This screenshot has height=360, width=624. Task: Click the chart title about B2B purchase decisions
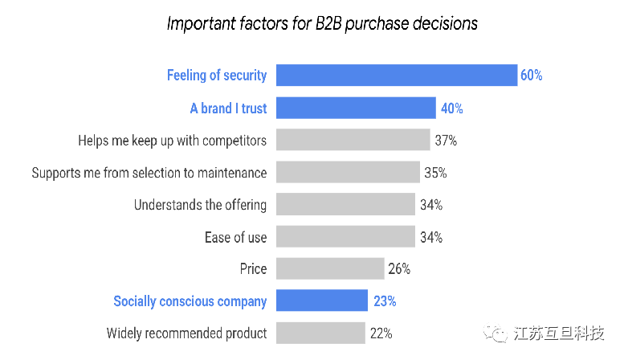322,23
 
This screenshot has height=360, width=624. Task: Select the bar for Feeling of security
397,76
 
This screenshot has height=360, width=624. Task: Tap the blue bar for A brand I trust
356,108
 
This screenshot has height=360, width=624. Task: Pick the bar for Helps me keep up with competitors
353,140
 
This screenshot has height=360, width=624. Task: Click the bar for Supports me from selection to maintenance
348,172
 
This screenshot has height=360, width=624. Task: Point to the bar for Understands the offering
345,204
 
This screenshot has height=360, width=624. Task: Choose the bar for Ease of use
345,237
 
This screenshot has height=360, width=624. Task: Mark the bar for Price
330,269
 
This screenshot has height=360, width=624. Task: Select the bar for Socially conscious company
322,301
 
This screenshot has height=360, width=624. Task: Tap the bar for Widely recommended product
320,333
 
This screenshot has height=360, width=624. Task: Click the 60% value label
531,76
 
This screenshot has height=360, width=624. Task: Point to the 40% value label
451,108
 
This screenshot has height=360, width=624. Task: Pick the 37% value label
446,140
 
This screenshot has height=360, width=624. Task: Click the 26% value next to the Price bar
399,269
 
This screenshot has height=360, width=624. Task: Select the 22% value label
381,333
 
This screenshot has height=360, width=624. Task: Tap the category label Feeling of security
217,76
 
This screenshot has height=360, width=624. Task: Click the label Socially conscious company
190,301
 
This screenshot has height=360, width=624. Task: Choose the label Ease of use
235,237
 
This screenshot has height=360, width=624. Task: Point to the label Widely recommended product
186,333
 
